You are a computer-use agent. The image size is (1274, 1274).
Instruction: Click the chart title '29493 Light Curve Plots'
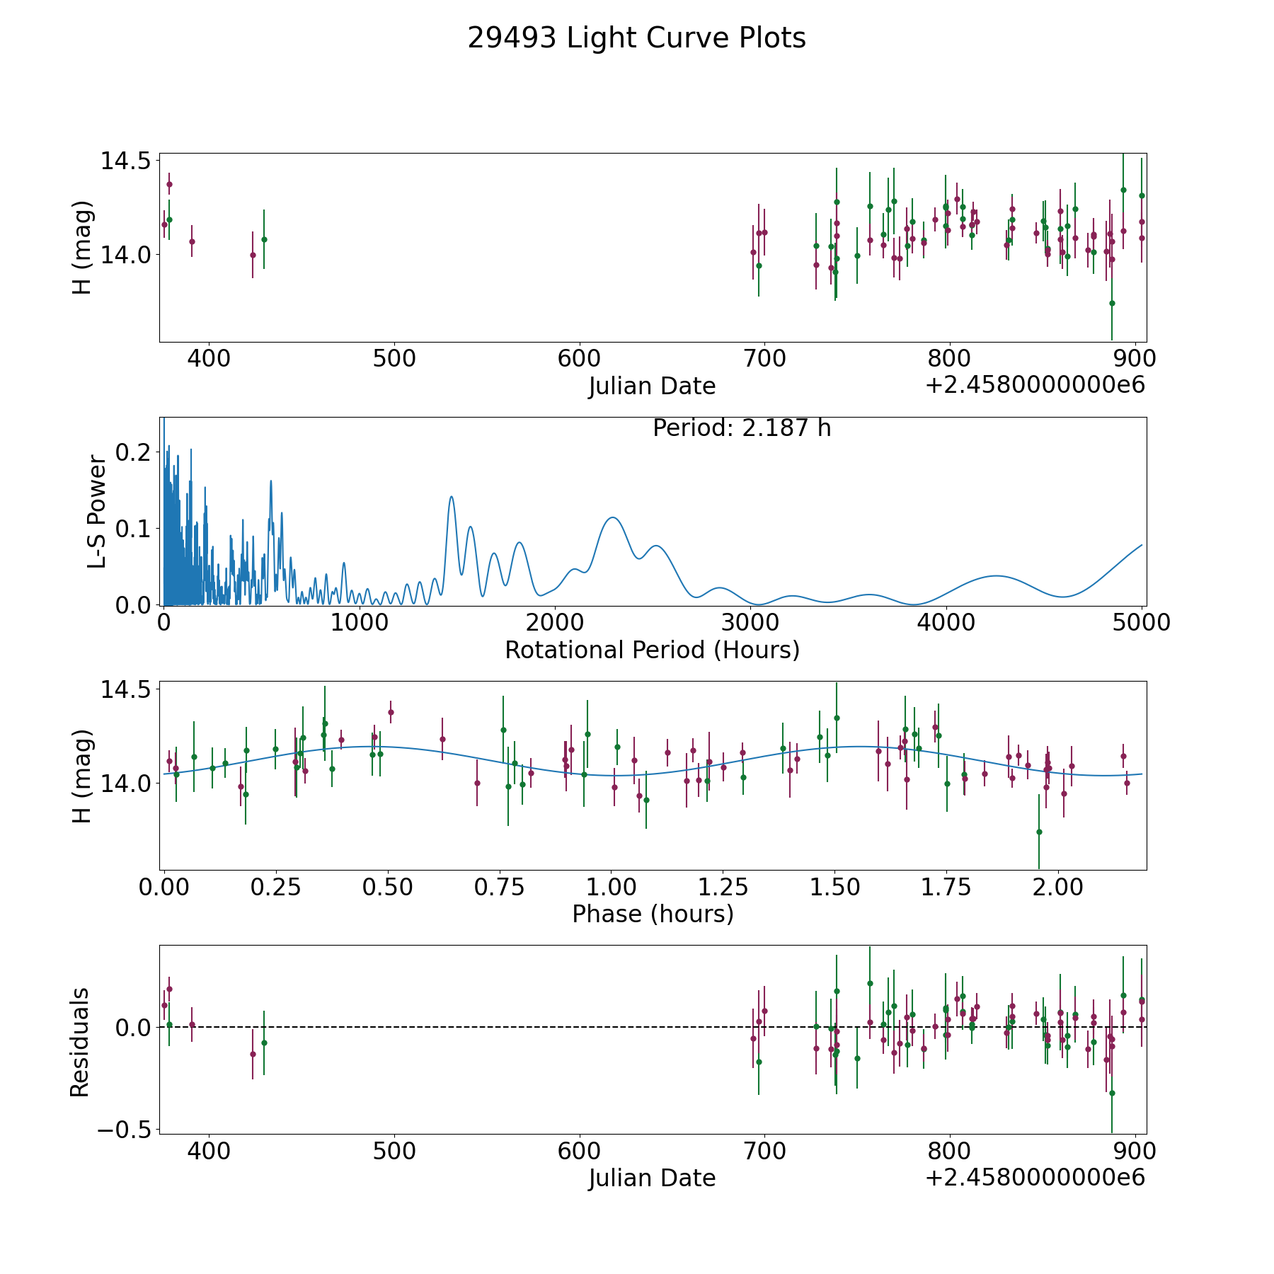click(x=636, y=38)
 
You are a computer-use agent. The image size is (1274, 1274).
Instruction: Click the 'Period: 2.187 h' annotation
click(x=742, y=428)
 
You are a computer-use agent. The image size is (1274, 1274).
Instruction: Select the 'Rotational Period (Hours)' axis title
click(x=652, y=650)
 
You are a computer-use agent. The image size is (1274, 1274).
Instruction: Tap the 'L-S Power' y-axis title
click(x=97, y=512)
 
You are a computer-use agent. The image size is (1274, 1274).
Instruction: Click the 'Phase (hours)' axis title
click(x=653, y=914)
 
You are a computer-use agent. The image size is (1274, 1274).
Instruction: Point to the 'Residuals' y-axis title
click(x=80, y=1042)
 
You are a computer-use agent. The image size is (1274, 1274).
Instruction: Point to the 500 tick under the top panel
click(x=394, y=359)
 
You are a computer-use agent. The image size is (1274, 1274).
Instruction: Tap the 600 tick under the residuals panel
click(x=579, y=1152)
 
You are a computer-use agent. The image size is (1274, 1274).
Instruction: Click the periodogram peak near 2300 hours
click(x=612, y=517)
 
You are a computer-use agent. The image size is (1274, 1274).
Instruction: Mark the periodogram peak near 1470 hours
click(x=451, y=496)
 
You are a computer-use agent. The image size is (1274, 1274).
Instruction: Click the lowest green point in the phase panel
click(x=1039, y=832)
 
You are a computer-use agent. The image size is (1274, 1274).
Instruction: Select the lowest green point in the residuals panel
click(x=1112, y=1093)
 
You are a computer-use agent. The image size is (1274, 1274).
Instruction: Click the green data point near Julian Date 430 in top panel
click(x=264, y=239)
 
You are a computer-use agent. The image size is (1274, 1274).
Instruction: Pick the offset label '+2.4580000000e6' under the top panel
click(x=1035, y=385)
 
